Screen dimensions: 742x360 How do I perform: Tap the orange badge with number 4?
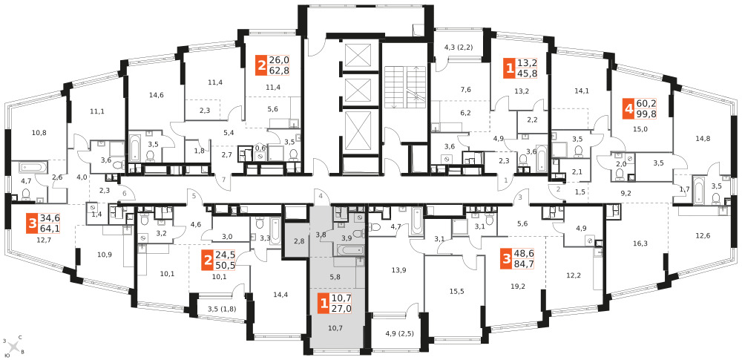pyautogui.click(x=628, y=109)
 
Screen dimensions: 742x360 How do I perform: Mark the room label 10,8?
pyautogui.click(x=39, y=132)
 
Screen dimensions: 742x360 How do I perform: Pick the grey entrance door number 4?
pyautogui.click(x=321, y=196)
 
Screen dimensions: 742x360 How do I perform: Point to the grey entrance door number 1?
pyautogui.click(x=505, y=180)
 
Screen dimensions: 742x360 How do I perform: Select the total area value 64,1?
pyautogui.click(x=50, y=229)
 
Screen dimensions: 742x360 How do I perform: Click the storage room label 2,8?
pyautogui.click(x=298, y=241)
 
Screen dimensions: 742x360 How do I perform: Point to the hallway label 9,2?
pyautogui.click(x=626, y=193)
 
